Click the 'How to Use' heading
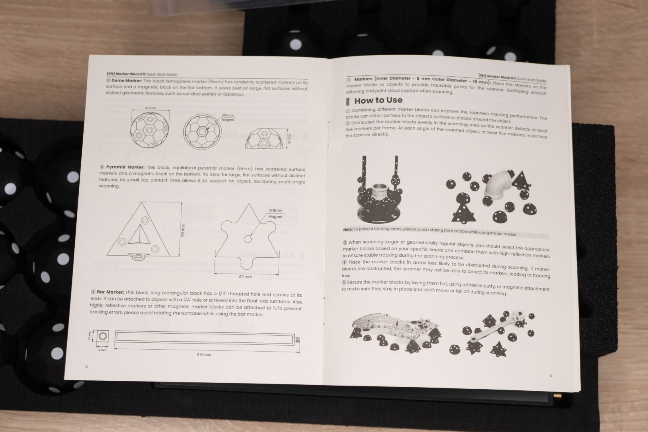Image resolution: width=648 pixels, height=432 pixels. (378, 100)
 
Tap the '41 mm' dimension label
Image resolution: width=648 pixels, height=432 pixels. (150, 108)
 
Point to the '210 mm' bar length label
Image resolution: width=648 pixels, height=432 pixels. (204, 354)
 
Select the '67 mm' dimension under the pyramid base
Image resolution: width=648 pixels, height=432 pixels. (245, 277)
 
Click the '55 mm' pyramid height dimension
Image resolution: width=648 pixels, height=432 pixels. (183, 230)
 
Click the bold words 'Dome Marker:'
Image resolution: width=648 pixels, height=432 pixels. (127, 81)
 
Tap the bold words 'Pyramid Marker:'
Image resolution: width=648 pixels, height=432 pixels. (125, 167)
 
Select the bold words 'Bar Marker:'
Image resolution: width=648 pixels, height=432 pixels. (110, 292)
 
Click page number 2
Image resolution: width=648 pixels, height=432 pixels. (86, 366)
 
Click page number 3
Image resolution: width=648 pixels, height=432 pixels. (550, 376)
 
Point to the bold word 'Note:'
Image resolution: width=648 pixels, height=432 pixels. (348, 230)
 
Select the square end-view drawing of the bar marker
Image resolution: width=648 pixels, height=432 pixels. (103, 336)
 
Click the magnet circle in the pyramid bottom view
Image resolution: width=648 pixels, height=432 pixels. (248, 239)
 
